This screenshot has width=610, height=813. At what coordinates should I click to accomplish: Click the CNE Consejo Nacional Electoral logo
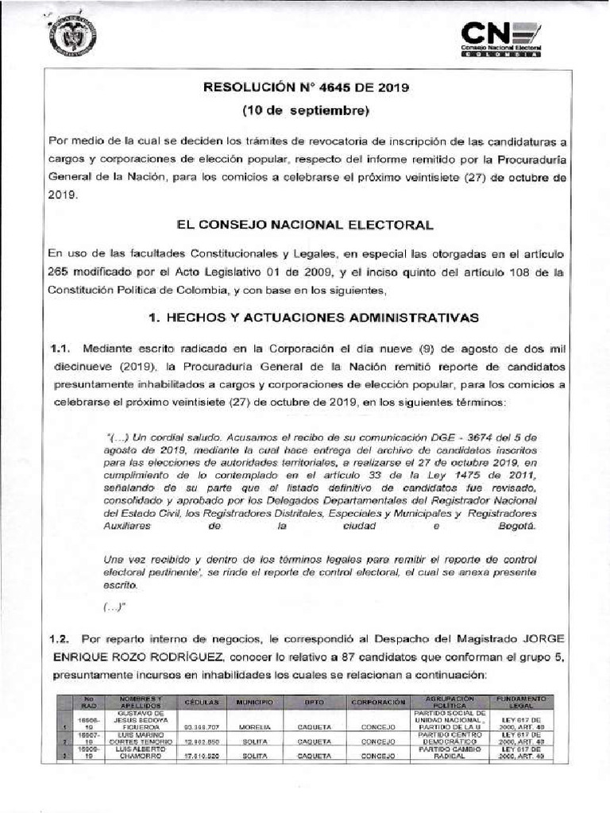coord(501,38)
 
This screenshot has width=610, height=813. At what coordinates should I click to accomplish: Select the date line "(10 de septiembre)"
coord(306,110)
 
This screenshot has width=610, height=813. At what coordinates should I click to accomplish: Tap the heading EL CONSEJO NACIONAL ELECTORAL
coord(306,225)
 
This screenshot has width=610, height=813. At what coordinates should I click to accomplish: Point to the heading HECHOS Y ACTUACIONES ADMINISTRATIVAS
coord(314,318)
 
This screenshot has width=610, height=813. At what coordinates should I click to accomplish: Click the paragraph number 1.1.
coord(61,349)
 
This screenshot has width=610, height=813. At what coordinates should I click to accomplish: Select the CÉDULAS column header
coord(201,703)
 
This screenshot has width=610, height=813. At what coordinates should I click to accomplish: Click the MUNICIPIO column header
coord(254,703)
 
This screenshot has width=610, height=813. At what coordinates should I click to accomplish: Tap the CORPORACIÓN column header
coord(373,703)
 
